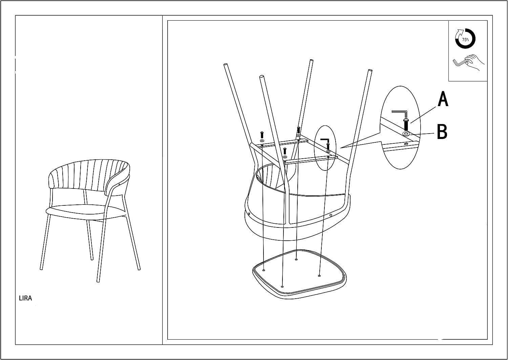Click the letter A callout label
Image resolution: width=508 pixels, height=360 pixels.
pos(443,99)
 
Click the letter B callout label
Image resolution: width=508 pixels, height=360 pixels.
pos(442,132)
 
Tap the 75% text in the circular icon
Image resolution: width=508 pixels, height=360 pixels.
pos(465,40)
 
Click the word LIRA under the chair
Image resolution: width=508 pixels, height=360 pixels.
pos(25,298)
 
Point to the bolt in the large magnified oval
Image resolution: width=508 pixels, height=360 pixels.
pos(406,124)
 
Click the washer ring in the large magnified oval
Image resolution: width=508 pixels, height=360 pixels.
pos(406,134)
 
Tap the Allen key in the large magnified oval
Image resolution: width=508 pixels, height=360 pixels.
pos(400,114)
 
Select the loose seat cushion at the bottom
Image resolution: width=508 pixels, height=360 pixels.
pos(299,275)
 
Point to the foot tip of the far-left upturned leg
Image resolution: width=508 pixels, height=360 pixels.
pos(226,65)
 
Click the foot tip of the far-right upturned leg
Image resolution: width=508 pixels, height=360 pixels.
pos(370,71)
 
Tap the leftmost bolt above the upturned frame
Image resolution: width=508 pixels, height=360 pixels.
pos(262,135)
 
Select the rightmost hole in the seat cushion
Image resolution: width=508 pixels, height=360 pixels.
pos(319,276)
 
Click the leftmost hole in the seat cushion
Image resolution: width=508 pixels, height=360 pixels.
pos(263,270)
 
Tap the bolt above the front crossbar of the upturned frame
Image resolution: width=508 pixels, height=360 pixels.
pos(285,151)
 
